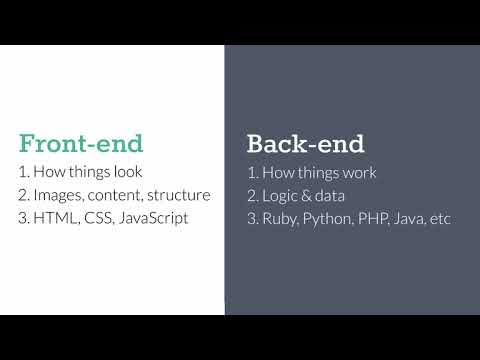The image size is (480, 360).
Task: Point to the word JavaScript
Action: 154,218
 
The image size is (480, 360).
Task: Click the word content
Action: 116,194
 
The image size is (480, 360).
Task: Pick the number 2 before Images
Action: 24,194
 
